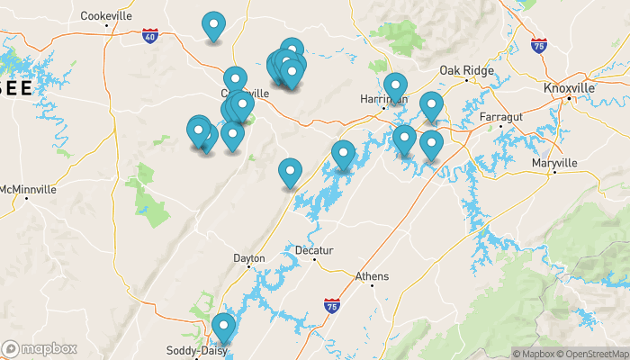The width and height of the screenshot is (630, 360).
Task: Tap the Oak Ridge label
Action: tap(463, 71)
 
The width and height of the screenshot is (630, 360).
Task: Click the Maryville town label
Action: tap(553, 162)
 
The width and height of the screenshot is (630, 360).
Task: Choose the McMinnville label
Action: tap(28, 190)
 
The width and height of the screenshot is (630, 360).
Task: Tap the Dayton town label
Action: tap(249, 258)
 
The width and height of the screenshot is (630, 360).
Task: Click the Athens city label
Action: tap(372, 276)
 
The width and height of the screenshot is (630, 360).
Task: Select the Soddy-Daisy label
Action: tap(187, 350)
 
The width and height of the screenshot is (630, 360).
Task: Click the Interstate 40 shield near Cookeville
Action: tap(149, 35)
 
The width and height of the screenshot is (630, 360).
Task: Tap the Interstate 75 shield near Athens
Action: tap(332, 306)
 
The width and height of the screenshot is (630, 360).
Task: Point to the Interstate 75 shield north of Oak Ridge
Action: tap(538, 45)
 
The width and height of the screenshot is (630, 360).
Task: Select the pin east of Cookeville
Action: tap(213, 26)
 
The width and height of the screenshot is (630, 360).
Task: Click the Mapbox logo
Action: tap(40, 348)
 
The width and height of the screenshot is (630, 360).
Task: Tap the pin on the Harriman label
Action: tap(394, 86)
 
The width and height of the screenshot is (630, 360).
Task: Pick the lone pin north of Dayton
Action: tap(289, 172)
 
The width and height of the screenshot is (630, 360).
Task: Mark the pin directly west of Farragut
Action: tap(431, 106)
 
